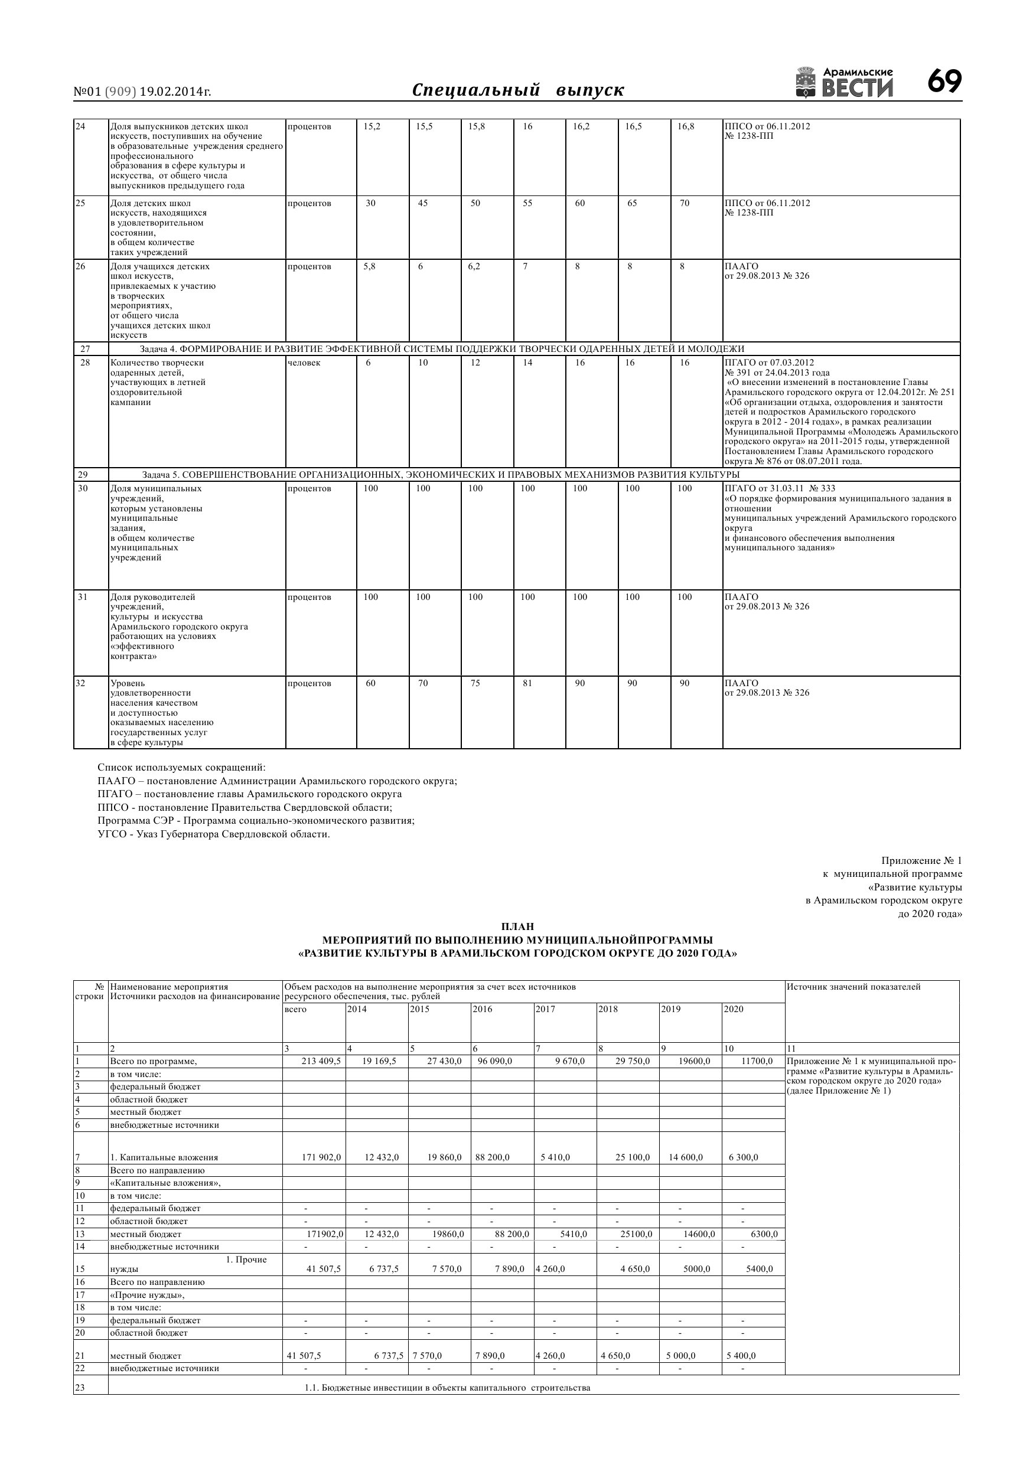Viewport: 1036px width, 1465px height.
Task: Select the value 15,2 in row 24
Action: (x=372, y=126)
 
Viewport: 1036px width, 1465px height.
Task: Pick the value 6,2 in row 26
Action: (x=474, y=266)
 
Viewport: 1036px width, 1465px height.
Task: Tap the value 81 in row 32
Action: (x=527, y=683)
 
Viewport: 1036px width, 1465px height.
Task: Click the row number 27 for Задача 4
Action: (x=86, y=348)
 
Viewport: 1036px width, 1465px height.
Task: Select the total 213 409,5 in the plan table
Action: (x=321, y=1061)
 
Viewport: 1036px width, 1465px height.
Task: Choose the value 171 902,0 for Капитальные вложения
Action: (x=321, y=1157)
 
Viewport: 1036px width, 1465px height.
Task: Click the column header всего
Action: (x=295, y=1009)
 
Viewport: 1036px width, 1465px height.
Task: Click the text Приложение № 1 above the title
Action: (x=921, y=861)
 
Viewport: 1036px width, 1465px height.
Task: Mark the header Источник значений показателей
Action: (x=853, y=987)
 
